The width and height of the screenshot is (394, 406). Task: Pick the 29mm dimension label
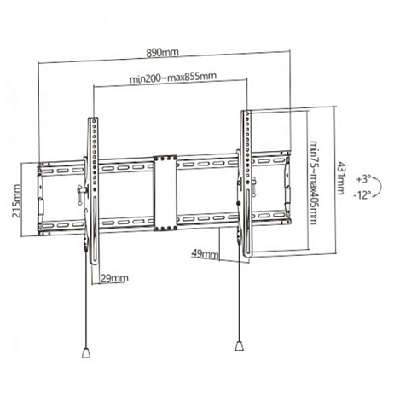pos(113,277)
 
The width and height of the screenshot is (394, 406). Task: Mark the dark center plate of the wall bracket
pos(164,193)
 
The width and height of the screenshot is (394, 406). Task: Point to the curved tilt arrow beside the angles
pos(381,187)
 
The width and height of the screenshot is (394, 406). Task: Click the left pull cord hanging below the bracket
pos(88,307)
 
